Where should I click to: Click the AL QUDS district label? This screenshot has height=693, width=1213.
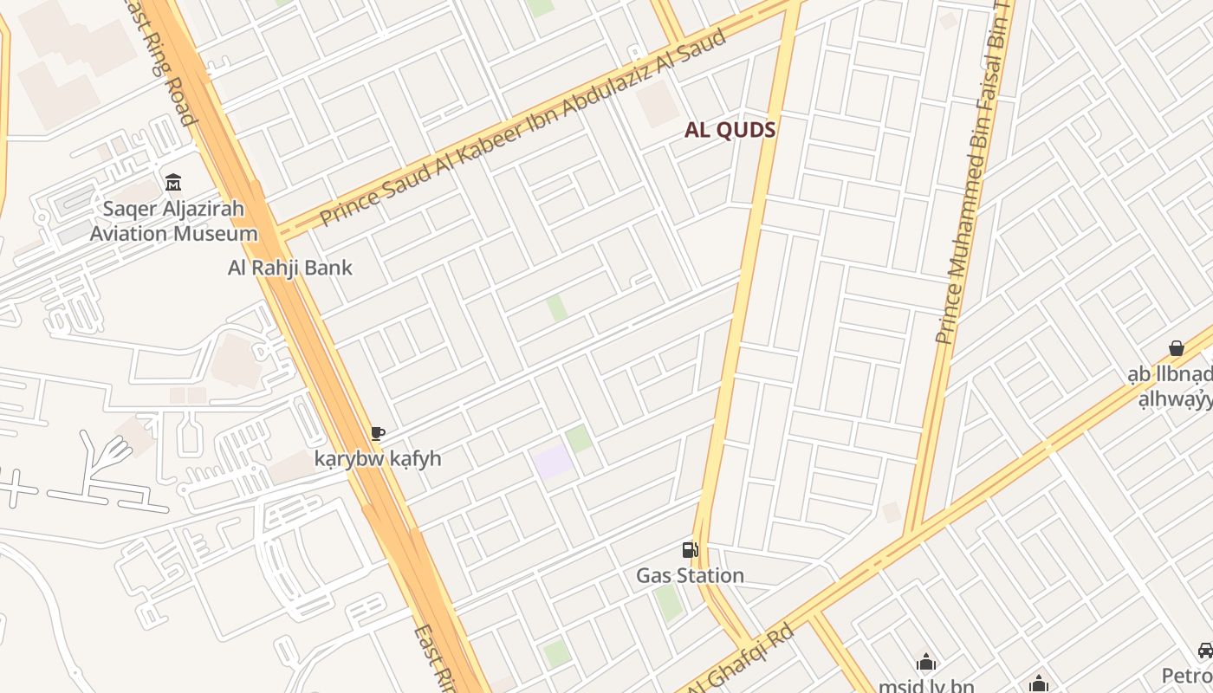pyautogui.click(x=730, y=130)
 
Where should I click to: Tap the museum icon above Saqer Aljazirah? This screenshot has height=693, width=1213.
pyautogui.click(x=173, y=183)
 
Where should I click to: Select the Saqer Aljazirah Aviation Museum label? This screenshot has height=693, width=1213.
pyautogui.click(x=173, y=221)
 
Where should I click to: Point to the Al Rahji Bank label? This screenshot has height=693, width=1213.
pyautogui.click(x=290, y=267)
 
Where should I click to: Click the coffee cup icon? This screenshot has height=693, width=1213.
pyautogui.click(x=377, y=433)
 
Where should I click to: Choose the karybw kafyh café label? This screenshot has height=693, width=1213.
pyautogui.click(x=378, y=458)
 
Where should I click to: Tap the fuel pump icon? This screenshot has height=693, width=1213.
pyautogui.click(x=691, y=550)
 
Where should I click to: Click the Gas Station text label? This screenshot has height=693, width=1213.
pyautogui.click(x=690, y=575)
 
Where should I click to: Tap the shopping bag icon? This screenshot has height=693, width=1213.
pyautogui.click(x=1177, y=348)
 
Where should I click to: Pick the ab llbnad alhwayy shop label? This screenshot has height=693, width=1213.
pyautogui.click(x=1170, y=387)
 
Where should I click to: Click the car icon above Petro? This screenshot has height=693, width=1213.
pyautogui.click(x=1205, y=651)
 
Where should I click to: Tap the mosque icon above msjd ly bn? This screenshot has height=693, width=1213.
pyautogui.click(x=926, y=663)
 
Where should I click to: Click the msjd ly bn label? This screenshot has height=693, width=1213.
pyautogui.click(x=926, y=686)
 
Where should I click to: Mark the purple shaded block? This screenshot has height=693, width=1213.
pyautogui.click(x=552, y=461)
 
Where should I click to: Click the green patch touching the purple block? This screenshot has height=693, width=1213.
pyautogui.click(x=579, y=438)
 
